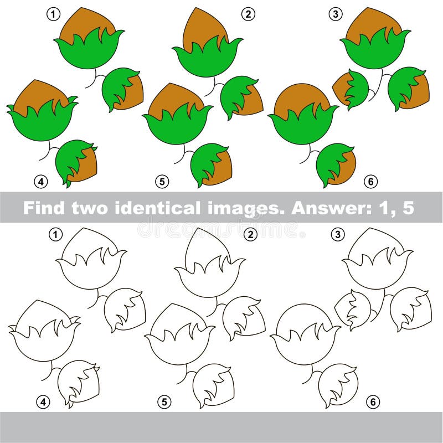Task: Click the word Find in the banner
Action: pyautogui.click(x=45, y=208)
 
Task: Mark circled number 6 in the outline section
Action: pyautogui.click(x=373, y=401)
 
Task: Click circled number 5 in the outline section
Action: pyautogui.click(x=163, y=401)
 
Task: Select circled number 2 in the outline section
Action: pyautogui.click(x=251, y=235)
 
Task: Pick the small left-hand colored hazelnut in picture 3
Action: pyautogui.click(x=351, y=89)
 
